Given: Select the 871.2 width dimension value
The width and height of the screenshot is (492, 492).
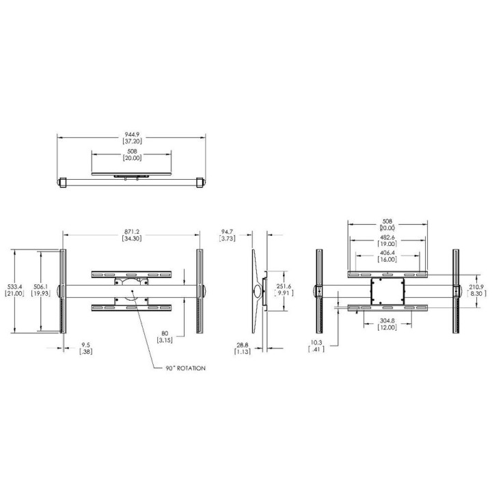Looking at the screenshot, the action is (132, 232).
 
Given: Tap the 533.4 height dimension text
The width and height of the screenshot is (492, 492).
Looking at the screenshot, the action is (14, 286).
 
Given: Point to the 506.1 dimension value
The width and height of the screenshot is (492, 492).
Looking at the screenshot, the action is (41, 286).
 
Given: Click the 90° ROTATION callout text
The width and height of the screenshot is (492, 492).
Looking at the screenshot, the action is (186, 368).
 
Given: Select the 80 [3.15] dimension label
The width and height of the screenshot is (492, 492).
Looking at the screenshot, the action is (165, 336).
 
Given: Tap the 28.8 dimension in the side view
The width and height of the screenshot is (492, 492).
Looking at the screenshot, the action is (243, 345).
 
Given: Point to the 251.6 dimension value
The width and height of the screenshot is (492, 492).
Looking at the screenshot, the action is (284, 286).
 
